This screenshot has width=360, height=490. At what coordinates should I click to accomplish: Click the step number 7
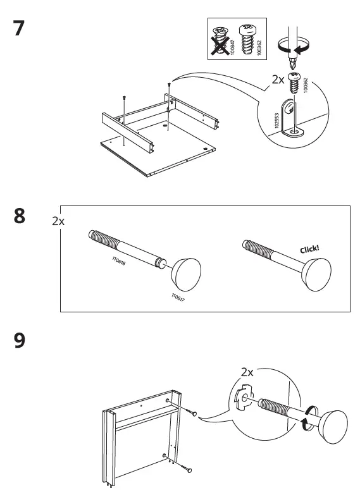(19, 28)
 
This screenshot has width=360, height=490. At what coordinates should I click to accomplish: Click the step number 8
(20, 216)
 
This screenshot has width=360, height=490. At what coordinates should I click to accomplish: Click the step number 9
(20, 340)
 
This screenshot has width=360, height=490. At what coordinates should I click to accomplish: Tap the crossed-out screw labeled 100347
(221, 41)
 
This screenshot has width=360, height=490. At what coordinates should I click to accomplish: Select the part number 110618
(119, 261)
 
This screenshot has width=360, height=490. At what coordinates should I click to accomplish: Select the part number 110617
(178, 297)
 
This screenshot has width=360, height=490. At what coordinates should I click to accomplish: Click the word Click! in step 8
(309, 249)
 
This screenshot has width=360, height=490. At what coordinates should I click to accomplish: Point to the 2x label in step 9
(247, 372)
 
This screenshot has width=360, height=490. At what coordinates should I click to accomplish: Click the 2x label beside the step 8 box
(58, 221)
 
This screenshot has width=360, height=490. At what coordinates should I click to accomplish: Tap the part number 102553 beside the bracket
(276, 121)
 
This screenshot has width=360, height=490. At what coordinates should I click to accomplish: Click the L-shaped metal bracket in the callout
(292, 118)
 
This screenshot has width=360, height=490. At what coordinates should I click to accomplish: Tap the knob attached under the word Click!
(316, 274)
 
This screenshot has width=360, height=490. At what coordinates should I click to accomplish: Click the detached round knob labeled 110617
(187, 274)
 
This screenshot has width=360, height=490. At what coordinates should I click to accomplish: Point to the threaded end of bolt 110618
(104, 239)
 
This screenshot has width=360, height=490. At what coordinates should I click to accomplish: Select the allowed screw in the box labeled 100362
(248, 40)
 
